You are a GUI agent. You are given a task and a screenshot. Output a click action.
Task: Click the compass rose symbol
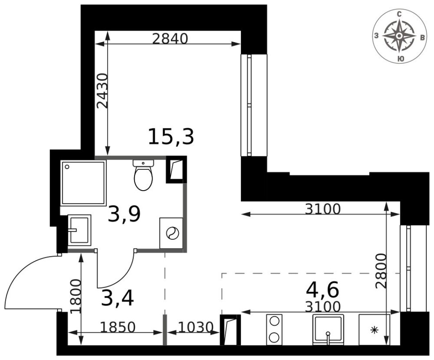399,36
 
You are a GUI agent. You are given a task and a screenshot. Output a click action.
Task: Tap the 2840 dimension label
169,39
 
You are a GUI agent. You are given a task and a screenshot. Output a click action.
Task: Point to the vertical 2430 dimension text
102,91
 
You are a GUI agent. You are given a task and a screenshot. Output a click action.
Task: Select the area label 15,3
171,137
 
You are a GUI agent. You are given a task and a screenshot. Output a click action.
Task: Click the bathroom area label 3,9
124,214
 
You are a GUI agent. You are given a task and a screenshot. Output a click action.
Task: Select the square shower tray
83,182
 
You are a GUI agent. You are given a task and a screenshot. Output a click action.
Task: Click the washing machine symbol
171,233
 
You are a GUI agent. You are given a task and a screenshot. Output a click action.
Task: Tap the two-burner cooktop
274,329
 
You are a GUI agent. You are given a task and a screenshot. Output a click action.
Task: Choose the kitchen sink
328,330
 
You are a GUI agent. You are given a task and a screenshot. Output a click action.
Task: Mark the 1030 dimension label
196,327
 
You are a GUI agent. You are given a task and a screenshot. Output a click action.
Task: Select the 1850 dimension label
117,327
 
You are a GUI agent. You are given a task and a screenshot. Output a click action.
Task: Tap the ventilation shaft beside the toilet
176,169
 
